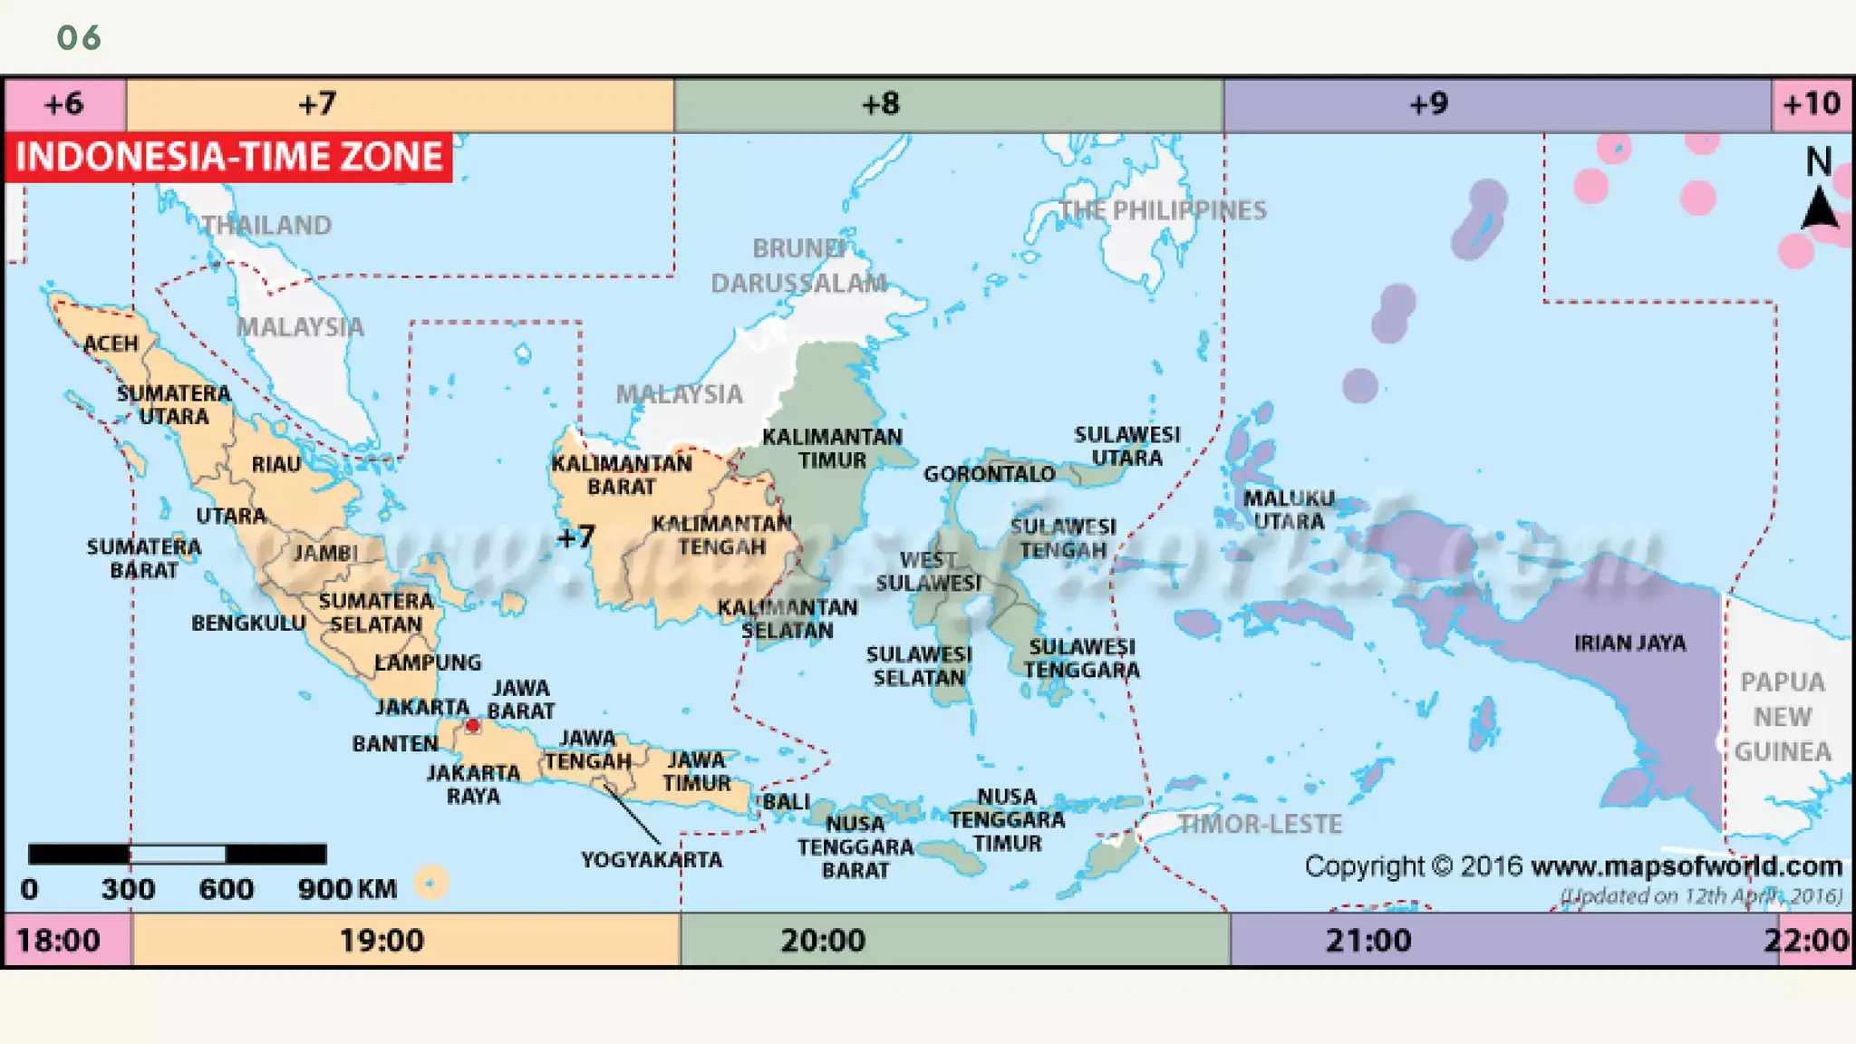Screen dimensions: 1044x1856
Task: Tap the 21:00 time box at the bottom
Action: [1368, 940]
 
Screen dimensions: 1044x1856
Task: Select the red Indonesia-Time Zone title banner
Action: [228, 157]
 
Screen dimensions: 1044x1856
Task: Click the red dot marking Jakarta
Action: [472, 725]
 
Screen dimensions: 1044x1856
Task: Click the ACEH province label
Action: [111, 343]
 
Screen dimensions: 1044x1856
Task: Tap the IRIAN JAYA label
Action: [1629, 643]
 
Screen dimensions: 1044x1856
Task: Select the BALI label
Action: [786, 802]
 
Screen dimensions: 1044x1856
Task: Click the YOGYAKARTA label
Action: [652, 859]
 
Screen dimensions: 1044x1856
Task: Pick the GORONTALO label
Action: [989, 474]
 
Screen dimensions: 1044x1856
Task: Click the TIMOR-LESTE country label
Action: [1260, 824]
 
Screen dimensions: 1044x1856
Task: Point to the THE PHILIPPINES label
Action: [1163, 210]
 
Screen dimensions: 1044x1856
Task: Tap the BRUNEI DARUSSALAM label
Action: [798, 266]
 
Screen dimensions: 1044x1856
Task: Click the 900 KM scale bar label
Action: [347, 889]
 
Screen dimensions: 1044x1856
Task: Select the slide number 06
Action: [79, 38]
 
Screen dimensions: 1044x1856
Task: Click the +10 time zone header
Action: [1812, 104]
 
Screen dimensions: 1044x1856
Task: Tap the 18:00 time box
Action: [58, 940]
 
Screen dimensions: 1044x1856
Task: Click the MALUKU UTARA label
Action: [1289, 509]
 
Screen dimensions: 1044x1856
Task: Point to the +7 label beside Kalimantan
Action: [575, 537]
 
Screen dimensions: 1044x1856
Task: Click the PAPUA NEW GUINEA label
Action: [1783, 716]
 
